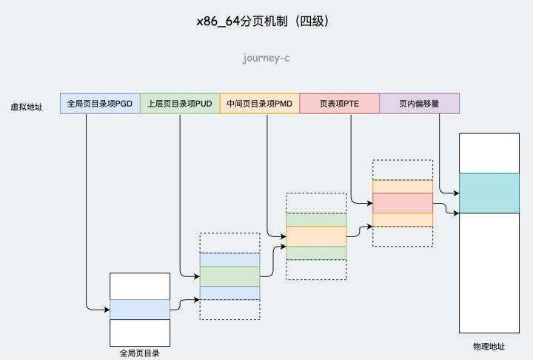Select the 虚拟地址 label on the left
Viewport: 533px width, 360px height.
(27, 107)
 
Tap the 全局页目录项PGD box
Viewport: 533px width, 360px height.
(100, 104)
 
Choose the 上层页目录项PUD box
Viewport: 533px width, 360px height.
(180, 104)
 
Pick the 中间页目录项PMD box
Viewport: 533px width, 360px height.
(260, 104)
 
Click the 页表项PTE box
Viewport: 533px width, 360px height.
(340, 104)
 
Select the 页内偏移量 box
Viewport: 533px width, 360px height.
(419, 104)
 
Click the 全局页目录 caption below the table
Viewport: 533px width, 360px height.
(140, 353)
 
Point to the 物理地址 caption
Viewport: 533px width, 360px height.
(489, 347)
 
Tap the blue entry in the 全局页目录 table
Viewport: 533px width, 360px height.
(140, 309)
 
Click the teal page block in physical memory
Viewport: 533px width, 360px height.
(489, 193)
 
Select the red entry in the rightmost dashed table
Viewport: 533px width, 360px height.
(402, 203)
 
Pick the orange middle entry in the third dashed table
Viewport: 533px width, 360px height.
(316, 236)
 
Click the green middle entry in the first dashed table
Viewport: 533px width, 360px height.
(229, 276)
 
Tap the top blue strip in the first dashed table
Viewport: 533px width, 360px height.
(229, 259)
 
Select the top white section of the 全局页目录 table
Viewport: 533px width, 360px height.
(140, 286)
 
